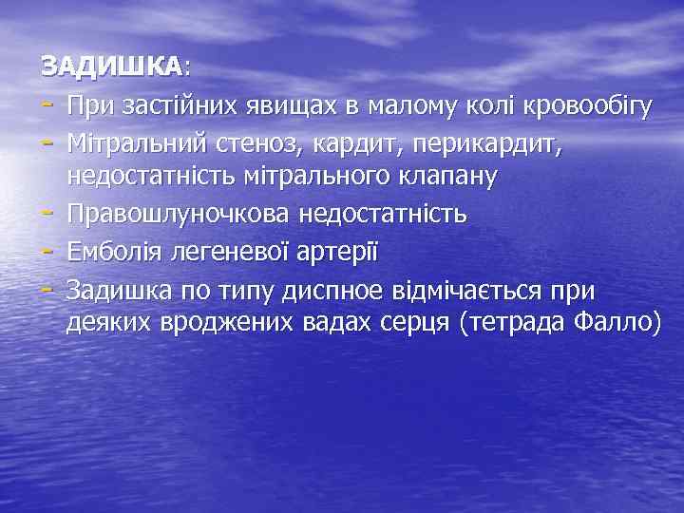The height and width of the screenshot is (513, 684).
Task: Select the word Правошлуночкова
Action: coord(178,213)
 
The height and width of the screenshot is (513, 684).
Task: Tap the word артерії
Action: coord(340,249)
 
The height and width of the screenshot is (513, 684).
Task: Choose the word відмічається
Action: coord(482,286)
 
